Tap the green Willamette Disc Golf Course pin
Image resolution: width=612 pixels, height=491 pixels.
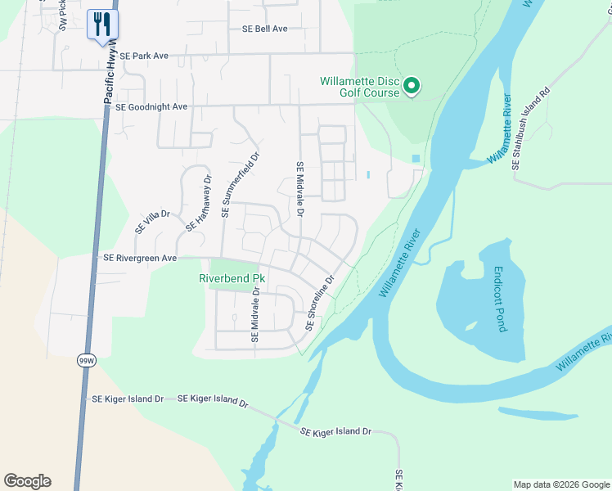tap(412, 86)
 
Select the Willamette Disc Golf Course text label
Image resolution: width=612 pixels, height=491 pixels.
tap(359, 87)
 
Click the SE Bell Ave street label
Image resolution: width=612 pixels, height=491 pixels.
tap(264, 29)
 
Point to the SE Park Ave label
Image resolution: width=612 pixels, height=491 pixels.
tap(143, 56)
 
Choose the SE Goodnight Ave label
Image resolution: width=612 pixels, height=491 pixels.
tap(151, 106)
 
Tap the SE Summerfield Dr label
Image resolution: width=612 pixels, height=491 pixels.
tap(240, 186)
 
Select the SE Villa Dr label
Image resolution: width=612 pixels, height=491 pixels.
tap(152, 221)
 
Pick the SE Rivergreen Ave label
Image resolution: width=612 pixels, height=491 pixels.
tap(140, 258)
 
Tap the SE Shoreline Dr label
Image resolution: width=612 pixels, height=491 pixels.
tap(320, 303)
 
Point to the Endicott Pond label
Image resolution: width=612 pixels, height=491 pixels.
tap(500, 299)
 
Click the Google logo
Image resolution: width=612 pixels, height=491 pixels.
tap(27, 481)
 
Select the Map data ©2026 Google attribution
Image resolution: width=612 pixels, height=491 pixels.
tap(561, 484)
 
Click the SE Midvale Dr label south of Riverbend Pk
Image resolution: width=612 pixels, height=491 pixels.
tap(255, 315)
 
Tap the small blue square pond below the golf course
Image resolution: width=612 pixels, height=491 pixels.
tap(416, 158)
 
